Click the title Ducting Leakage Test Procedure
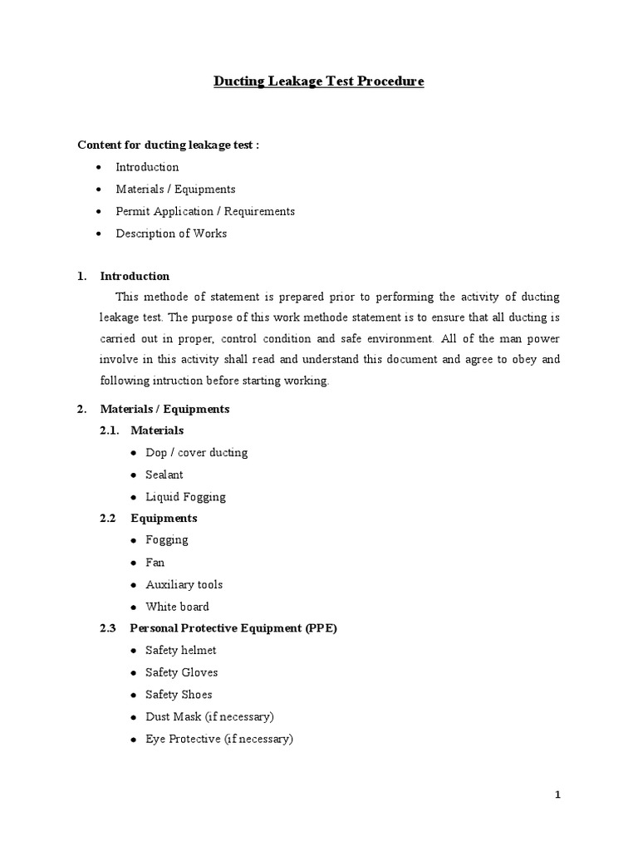pos(319,81)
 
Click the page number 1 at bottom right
pos(558,795)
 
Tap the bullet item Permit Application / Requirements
pos(205,211)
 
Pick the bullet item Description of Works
pos(171,234)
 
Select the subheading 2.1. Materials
pos(156,430)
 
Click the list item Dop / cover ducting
pos(196,453)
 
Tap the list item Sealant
pos(164,475)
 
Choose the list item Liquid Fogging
pos(185,497)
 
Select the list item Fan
pos(155,562)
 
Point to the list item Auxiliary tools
pos(184,584)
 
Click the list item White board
pos(177,607)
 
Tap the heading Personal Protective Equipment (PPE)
pos(233,628)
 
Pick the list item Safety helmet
pos(181,650)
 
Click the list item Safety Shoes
pos(179,694)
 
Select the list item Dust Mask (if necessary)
pos(209,716)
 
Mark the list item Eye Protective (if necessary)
pos(219,739)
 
